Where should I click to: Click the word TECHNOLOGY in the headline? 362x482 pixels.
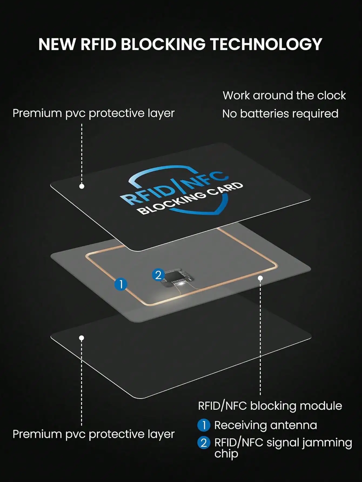[x=266, y=44]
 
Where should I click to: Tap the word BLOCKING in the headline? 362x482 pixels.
[x=163, y=44]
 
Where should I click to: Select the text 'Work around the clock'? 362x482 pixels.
[x=284, y=96]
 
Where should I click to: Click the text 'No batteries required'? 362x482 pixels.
[x=280, y=114]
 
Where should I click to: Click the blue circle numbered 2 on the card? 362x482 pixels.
[x=158, y=275]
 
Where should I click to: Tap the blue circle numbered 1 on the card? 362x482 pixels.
[x=121, y=284]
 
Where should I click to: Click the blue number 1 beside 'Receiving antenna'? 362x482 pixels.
[x=204, y=425]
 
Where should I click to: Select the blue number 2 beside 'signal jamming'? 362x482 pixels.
[x=204, y=443]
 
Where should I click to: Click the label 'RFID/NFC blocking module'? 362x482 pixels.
[x=270, y=406]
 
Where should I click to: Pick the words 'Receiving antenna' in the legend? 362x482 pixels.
[x=266, y=425]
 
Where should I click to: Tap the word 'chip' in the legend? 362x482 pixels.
[x=226, y=454]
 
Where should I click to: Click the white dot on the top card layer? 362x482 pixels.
[x=82, y=186]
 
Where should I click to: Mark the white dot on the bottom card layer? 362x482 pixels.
[x=82, y=338]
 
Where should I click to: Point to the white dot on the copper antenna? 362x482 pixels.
[x=260, y=278]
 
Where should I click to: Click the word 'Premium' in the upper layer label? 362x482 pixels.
[x=37, y=113]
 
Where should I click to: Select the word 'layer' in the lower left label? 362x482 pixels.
[x=161, y=434]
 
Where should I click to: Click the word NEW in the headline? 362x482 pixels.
[x=56, y=44]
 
